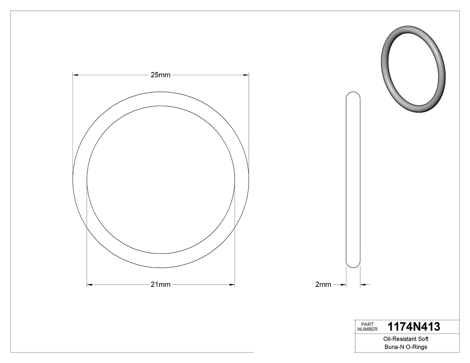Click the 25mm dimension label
[160, 75]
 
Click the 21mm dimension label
[160, 285]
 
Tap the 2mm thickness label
[323, 284]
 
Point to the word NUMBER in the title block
[367, 329]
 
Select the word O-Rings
[416, 347]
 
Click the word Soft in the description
[423, 339]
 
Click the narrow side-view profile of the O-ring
[353, 179]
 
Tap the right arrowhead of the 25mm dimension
[246, 75]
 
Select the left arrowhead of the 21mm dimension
[89, 285]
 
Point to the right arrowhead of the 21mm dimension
[232, 285]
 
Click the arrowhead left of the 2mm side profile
[344, 284]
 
